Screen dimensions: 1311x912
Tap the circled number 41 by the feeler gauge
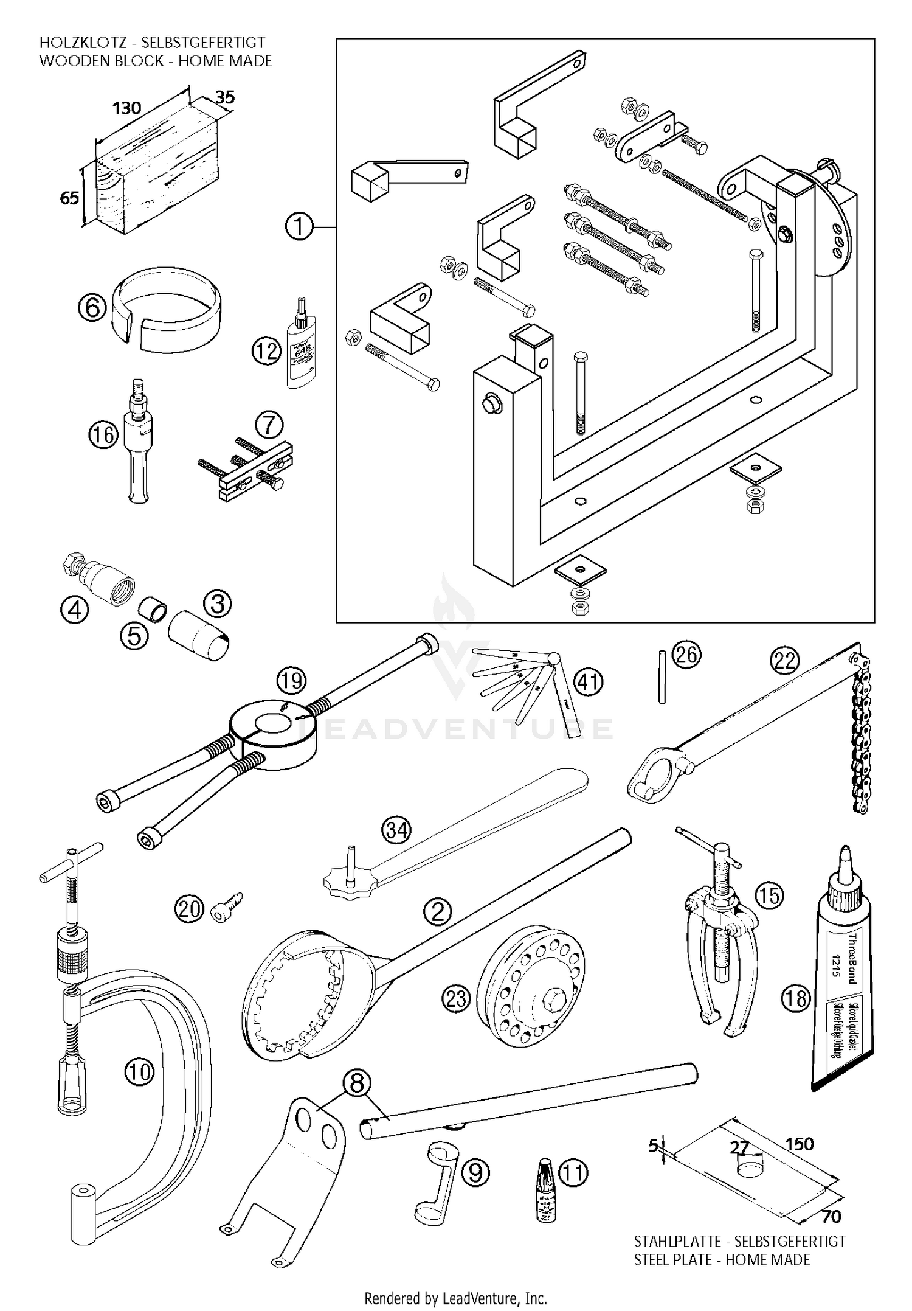[x=589, y=681]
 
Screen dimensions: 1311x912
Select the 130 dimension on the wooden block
[x=126, y=108]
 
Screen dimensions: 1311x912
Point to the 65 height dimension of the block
[x=69, y=198]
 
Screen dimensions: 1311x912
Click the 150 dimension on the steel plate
[x=799, y=1144]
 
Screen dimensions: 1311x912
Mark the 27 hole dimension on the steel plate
[x=739, y=1148]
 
